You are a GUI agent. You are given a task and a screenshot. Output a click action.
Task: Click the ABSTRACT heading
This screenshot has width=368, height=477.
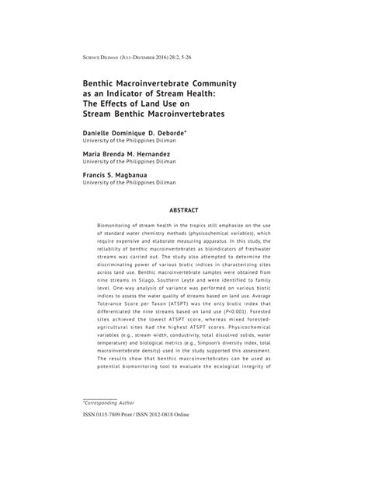(x=184, y=210)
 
